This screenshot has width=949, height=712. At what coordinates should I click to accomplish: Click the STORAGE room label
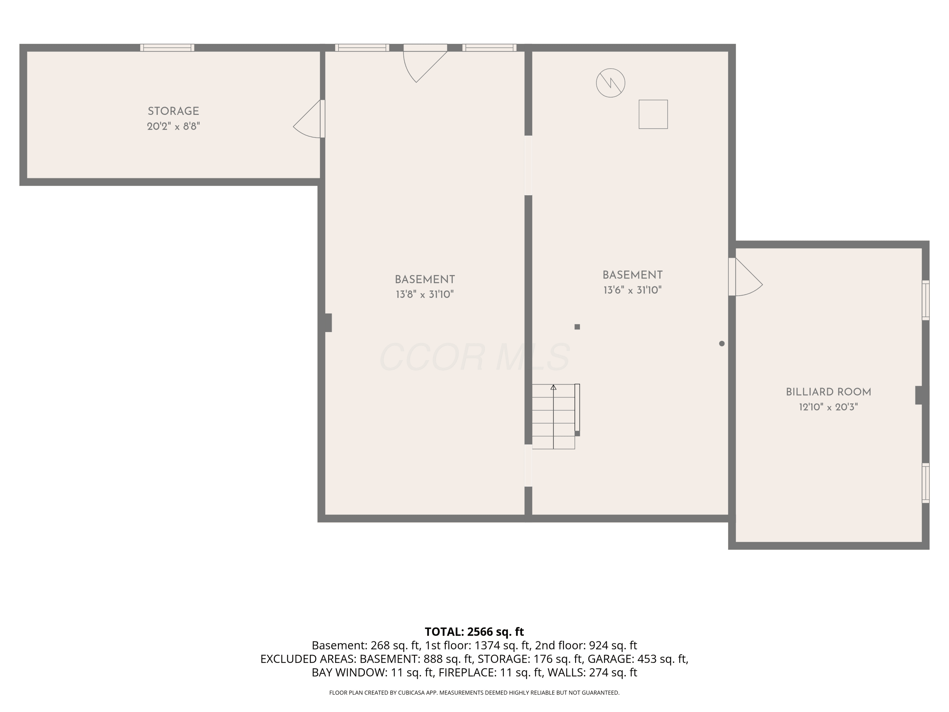pos(173,111)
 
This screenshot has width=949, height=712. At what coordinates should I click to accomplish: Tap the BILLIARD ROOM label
pos(828,392)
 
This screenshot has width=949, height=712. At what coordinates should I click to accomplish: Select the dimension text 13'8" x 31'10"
pos(425,294)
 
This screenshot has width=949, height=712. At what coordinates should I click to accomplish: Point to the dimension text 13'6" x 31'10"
pos(632,290)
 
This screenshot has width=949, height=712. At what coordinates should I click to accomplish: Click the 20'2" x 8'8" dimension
pos(173,126)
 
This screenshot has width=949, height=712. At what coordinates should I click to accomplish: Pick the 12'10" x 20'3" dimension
pos(828,407)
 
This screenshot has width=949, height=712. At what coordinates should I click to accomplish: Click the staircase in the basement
pos(554,416)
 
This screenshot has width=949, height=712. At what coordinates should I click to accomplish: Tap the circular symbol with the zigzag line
pos(611,83)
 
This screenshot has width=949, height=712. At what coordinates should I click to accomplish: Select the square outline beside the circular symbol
pos(653,114)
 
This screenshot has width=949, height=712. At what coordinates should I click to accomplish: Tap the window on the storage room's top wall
pos(167,48)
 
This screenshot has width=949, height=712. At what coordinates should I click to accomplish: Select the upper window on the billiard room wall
pos(926,300)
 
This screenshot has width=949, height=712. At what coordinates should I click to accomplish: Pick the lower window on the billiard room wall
pos(926,483)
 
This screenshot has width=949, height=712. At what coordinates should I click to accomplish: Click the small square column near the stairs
pos(577,327)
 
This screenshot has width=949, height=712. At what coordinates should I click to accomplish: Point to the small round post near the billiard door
pos(722,343)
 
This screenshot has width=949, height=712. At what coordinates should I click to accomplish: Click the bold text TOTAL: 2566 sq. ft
pos(474,631)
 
